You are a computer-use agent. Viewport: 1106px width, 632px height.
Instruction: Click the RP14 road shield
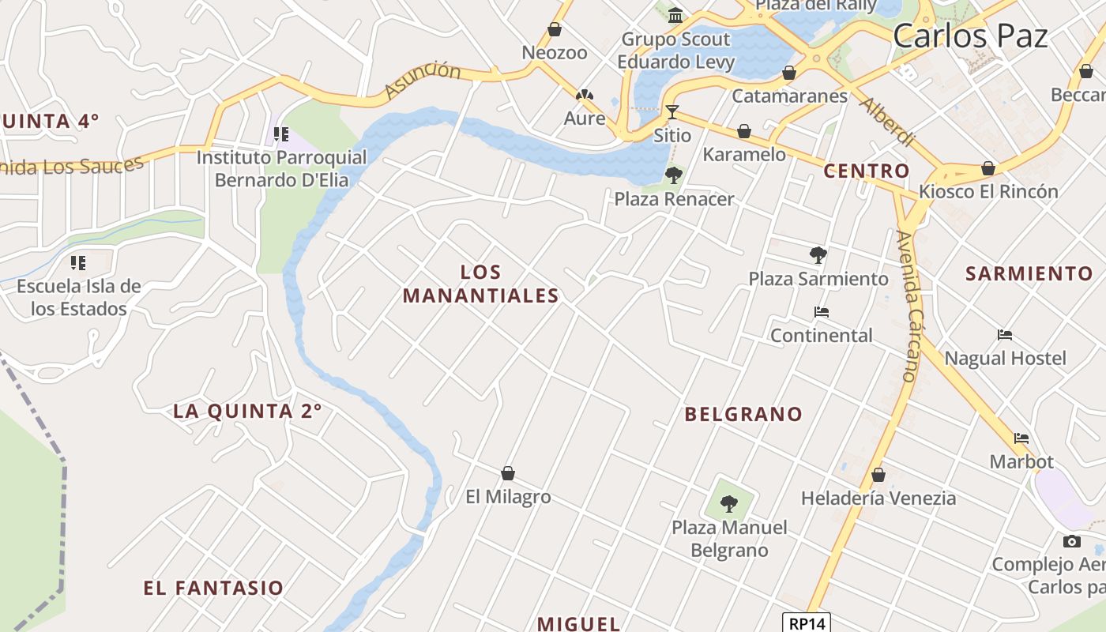click(x=807, y=623)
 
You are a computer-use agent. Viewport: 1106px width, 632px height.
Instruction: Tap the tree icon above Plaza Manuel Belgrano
click(x=729, y=503)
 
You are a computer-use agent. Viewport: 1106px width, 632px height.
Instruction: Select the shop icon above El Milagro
click(x=508, y=473)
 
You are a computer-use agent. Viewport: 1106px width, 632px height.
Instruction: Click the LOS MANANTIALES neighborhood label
click(x=481, y=284)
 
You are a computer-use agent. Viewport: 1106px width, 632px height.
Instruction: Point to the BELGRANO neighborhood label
click(x=743, y=414)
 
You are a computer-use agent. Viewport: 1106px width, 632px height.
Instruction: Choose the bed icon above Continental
click(x=822, y=312)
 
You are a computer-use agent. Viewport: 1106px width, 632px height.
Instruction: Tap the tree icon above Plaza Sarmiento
click(x=818, y=254)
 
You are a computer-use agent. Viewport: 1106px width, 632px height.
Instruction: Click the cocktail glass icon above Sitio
click(x=672, y=112)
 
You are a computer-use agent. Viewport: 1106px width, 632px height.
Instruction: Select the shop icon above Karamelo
click(x=744, y=131)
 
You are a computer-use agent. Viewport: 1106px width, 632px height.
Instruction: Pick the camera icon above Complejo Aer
click(x=1072, y=541)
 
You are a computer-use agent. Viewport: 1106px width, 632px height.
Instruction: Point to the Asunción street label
click(x=423, y=80)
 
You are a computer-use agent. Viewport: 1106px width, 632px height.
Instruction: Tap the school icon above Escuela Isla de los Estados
click(x=77, y=262)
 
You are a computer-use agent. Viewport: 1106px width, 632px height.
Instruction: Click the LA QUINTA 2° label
click(x=247, y=411)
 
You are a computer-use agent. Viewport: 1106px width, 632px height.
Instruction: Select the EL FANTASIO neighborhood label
click(x=213, y=588)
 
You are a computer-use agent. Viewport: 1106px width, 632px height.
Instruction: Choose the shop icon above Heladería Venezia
click(x=878, y=476)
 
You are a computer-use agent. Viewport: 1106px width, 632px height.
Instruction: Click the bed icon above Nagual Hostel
click(x=1005, y=335)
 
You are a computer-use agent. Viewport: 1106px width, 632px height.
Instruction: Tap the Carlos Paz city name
click(x=970, y=36)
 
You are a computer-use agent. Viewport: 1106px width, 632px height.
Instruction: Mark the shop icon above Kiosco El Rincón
click(x=988, y=168)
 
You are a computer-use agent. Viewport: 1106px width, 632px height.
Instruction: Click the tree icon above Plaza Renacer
click(x=674, y=175)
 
